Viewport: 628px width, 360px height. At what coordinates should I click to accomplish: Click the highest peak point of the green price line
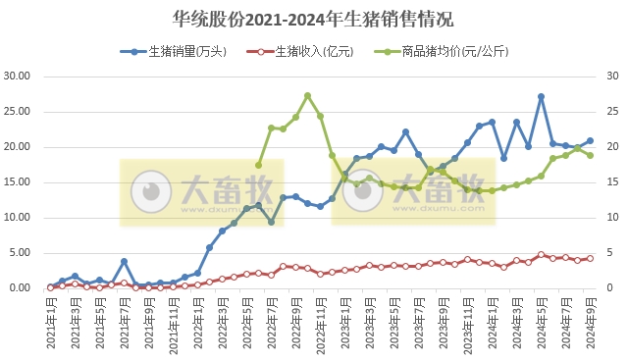pos(308,96)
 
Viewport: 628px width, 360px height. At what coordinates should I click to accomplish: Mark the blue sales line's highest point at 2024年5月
pos(541,97)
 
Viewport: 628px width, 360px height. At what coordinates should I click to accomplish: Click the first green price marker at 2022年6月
pos(259,165)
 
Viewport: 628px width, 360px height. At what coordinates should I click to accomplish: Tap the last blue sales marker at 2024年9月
pos(590,140)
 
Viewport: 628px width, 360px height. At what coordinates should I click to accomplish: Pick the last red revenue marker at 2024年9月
pos(590,258)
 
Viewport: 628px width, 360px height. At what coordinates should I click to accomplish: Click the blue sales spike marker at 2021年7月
pos(124,262)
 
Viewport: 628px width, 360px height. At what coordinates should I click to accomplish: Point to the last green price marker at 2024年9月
pos(590,155)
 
